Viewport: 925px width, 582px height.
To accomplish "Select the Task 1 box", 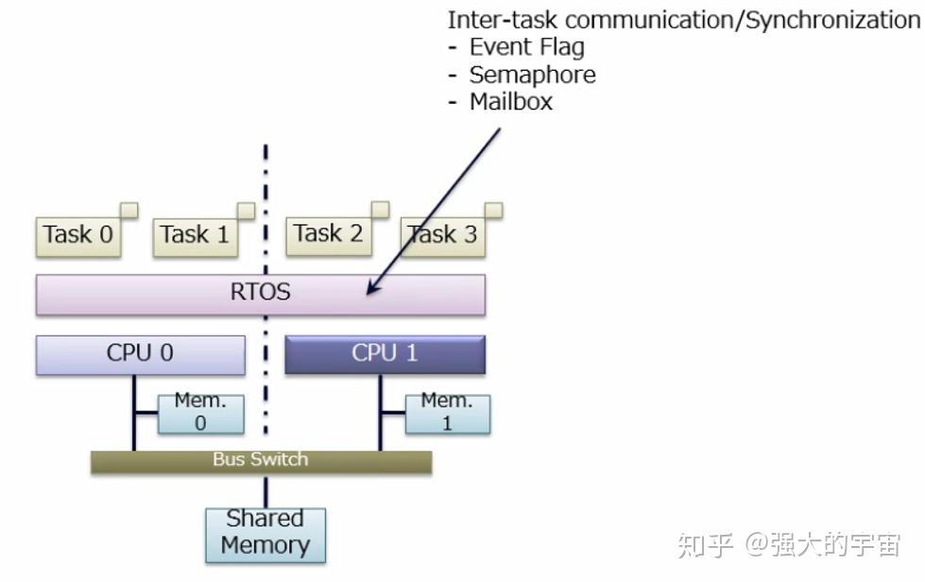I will [195, 236].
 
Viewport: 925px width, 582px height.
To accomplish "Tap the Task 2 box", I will [328, 234].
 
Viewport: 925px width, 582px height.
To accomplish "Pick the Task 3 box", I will [443, 236].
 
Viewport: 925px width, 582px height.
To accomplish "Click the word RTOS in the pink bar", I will [261, 292].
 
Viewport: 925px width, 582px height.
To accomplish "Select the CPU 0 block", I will [140, 354].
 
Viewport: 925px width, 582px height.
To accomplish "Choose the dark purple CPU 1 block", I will [385, 354].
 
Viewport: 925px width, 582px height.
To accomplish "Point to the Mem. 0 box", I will [200, 413].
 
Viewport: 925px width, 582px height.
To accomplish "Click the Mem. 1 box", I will [447, 413].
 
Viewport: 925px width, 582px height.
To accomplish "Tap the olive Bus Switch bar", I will [261, 461].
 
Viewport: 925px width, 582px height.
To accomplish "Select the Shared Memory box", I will [266, 534].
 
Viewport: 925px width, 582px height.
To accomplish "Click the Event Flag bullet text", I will [527, 47].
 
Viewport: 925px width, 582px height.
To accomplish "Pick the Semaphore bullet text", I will [532, 75].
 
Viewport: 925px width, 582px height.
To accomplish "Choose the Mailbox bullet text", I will [510, 102].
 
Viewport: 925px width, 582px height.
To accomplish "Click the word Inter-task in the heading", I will [493, 20].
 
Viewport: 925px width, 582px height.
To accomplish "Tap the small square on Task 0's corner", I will [128, 210].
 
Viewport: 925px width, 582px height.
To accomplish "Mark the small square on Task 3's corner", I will [493, 210].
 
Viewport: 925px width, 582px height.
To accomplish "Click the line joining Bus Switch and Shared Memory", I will [266, 491].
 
